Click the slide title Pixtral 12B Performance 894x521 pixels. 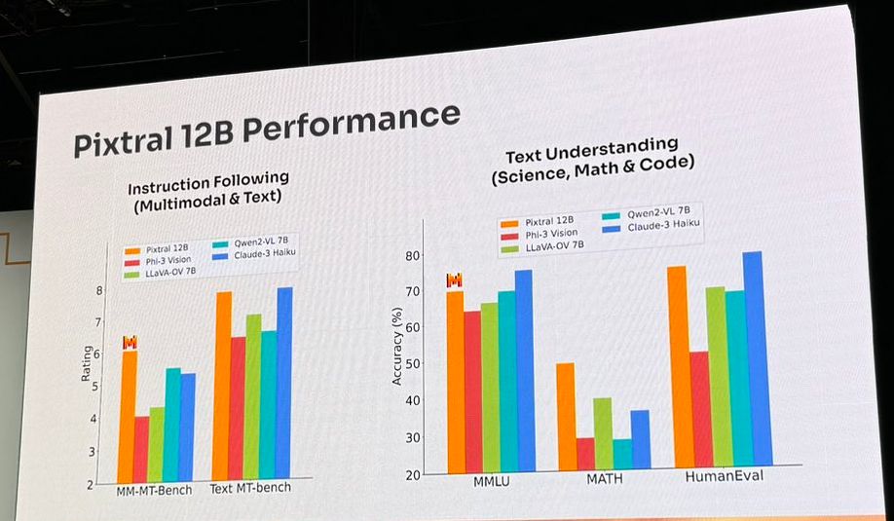click(265, 129)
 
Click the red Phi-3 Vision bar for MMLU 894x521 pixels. click(472, 391)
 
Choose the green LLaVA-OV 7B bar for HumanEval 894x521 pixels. click(715, 375)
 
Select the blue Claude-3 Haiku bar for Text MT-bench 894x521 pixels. click(283, 381)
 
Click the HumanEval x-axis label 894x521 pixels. click(725, 477)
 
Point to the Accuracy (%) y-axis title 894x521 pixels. click(397, 346)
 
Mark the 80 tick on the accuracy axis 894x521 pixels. click(411, 256)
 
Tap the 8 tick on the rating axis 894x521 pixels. click(99, 290)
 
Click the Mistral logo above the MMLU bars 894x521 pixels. click(454, 280)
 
